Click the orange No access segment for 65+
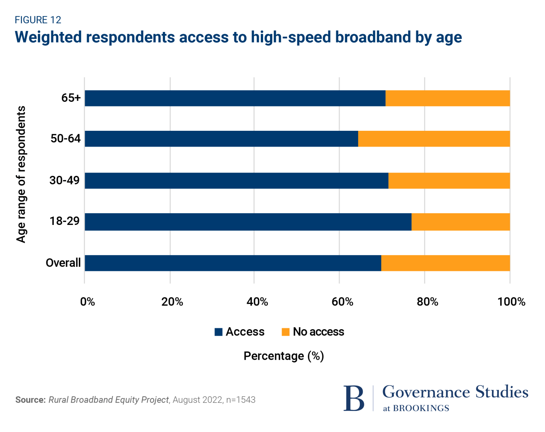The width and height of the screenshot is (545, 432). (x=448, y=98)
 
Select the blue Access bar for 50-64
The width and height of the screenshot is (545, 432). (x=221, y=139)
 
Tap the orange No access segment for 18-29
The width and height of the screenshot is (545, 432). (x=461, y=222)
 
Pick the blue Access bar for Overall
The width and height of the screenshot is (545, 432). (x=233, y=263)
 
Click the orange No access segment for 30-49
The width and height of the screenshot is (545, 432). (x=449, y=181)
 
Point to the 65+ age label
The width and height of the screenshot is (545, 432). (x=71, y=98)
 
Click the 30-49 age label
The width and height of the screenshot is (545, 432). (x=65, y=180)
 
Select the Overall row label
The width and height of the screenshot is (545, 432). (x=63, y=263)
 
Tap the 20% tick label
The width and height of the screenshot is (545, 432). (x=172, y=302)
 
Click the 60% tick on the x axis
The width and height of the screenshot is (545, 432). (x=342, y=302)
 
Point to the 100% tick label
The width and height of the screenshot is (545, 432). (x=511, y=302)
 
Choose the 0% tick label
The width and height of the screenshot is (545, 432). (x=88, y=302)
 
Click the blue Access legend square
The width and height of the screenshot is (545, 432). (x=218, y=332)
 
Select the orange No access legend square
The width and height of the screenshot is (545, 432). (x=286, y=332)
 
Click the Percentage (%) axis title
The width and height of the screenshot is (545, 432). (x=284, y=356)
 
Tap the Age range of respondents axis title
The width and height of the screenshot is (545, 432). (x=21, y=174)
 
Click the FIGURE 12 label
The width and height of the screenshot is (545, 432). (x=38, y=20)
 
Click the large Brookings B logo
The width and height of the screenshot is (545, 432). (x=354, y=398)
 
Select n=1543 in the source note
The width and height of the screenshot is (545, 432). (x=241, y=400)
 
